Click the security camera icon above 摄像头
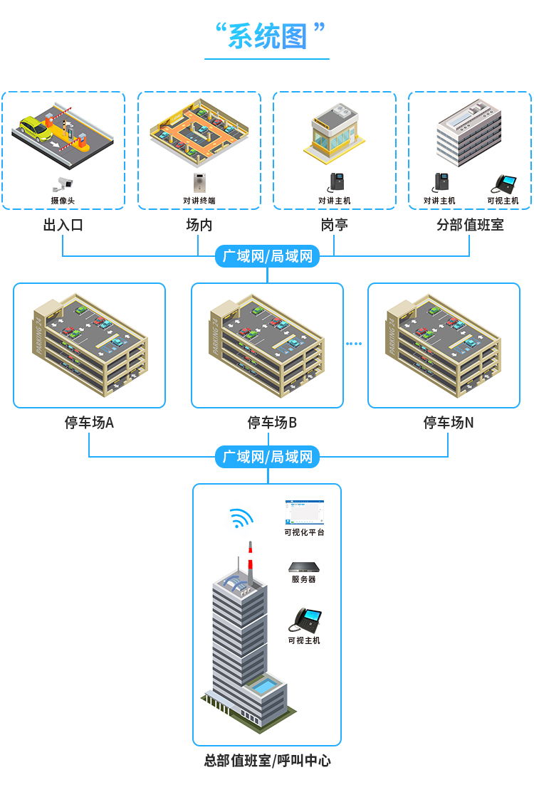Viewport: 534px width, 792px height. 63,182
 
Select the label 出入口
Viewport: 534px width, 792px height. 63,226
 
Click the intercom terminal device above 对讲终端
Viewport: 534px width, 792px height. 199,182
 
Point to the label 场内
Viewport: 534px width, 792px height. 199,226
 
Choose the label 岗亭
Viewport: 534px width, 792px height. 334,226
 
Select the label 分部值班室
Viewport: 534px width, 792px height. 469,226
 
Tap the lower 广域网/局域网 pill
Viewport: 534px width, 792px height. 267,457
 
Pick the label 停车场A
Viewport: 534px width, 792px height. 89,423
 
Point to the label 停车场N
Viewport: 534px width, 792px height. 449,423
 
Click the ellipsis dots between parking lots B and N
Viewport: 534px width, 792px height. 354,344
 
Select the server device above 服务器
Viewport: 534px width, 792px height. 303,567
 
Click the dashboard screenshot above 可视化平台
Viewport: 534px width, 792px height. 304,512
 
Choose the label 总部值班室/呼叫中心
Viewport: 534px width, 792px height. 267,761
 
